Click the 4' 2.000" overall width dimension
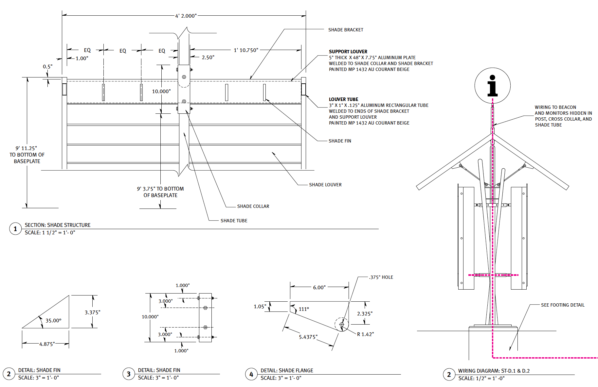click(x=186, y=16)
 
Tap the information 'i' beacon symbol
click(x=492, y=86)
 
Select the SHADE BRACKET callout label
click(x=346, y=30)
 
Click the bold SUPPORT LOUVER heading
click(x=348, y=52)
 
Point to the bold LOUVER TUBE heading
click(x=343, y=99)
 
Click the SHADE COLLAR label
click(x=253, y=206)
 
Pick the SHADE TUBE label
click(x=234, y=221)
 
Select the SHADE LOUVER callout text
click(x=325, y=185)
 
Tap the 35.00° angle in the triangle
click(x=53, y=321)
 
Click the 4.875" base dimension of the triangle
click(x=47, y=344)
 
